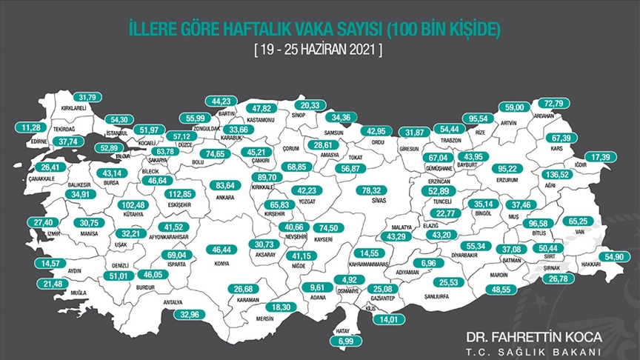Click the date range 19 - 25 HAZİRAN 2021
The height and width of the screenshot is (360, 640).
pos(319,52)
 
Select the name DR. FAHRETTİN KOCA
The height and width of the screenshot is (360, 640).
pos(530,336)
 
